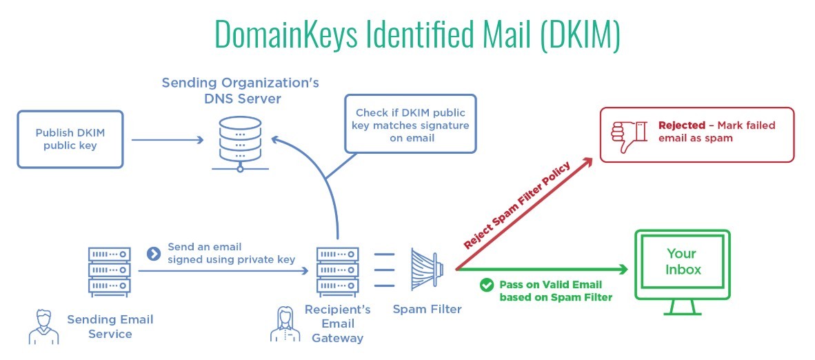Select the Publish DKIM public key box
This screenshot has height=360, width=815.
tap(70, 139)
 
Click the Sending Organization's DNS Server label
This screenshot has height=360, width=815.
tap(240, 90)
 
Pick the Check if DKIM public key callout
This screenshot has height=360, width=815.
tap(412, 125)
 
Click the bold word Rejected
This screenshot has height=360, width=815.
tap(681, 126)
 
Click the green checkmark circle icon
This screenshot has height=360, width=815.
tap(487, 284)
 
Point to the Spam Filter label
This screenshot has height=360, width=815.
tap(427, 310)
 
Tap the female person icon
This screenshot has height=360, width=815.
tap(285, 326)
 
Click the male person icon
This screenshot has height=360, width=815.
tap(43, 326)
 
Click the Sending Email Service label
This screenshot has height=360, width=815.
tap(110, 326)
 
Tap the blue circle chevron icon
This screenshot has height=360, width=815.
tap(154, 253)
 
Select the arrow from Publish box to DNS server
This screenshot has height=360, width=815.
tap(167, 140)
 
